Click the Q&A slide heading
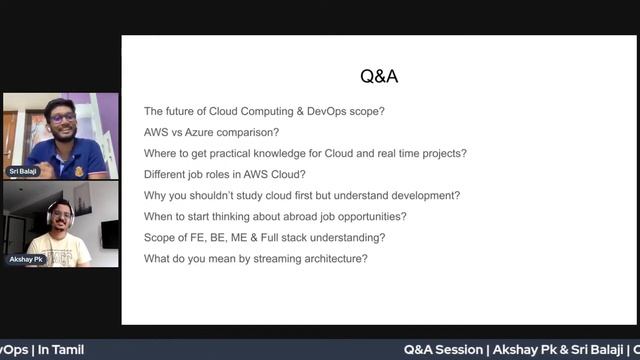coord(379,76)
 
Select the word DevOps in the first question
coord(317,111)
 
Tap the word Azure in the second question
coord(205,132)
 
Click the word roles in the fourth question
coord(222,174)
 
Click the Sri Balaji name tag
coord(22,171)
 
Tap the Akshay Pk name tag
coord(25,259)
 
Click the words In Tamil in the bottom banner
coord(61,350)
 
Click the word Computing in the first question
coord(249,111)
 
